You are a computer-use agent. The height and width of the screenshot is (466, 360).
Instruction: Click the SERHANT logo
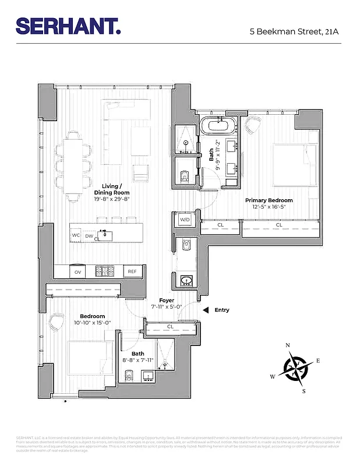coord(69,26)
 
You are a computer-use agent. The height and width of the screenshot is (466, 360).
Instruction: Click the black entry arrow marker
coord(204,310)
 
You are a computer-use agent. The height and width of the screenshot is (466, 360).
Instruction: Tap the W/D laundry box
coord(185,220)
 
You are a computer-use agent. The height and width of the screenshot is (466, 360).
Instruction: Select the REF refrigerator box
coord(132,271)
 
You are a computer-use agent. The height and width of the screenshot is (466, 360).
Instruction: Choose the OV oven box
coord(77,271)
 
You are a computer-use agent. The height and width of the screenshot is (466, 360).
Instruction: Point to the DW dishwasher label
coord(89,236)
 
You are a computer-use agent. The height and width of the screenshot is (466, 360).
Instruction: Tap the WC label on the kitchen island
coord(76,235)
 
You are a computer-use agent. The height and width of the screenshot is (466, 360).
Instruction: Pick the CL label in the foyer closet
coord(170,327)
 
